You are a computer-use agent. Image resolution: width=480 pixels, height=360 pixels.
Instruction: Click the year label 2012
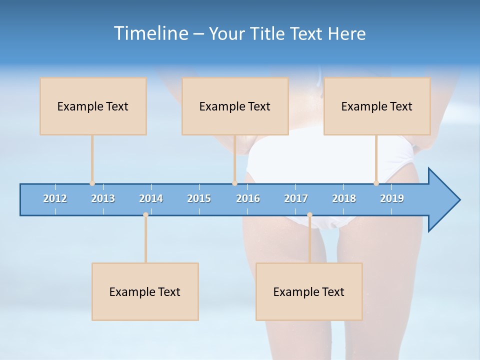[x=55, y=198]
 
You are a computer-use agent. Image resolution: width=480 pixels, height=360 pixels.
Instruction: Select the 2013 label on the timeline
[x=103, y=198]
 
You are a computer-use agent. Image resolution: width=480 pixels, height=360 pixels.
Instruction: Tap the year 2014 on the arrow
[x=151, y=198]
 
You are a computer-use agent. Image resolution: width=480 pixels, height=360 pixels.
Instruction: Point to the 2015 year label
[x=199, y=198]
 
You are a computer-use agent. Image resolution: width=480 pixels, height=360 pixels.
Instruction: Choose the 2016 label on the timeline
[x=248, y=198]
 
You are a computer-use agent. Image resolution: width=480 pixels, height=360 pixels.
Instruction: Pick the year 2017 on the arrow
[x=296, y=198]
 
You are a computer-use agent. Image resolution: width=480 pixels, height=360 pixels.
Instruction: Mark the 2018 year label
[x=344, y=198]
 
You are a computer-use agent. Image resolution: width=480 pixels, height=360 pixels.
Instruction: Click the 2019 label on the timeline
[x=392, y=198]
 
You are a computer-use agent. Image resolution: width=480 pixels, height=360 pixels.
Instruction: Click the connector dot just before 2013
[x=92, y=183]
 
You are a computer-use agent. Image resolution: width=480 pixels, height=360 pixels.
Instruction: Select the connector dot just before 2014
[x=145, y=214]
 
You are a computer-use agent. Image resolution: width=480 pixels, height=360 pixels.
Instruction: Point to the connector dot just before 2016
[x=234, y=183]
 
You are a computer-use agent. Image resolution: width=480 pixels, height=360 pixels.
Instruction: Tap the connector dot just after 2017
[x=309, y=214]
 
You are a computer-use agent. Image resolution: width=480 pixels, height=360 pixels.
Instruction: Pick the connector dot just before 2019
[x=376, y=183]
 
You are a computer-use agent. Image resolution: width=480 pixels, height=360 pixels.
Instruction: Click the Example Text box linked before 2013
[x=93, y=106]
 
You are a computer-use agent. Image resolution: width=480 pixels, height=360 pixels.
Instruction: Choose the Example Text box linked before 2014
[x=145, y=291]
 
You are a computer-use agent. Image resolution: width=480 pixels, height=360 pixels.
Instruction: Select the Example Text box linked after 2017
[x=309, y=291]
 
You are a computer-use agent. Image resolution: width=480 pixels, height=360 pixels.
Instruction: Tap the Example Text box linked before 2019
[x=377, y=106]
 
